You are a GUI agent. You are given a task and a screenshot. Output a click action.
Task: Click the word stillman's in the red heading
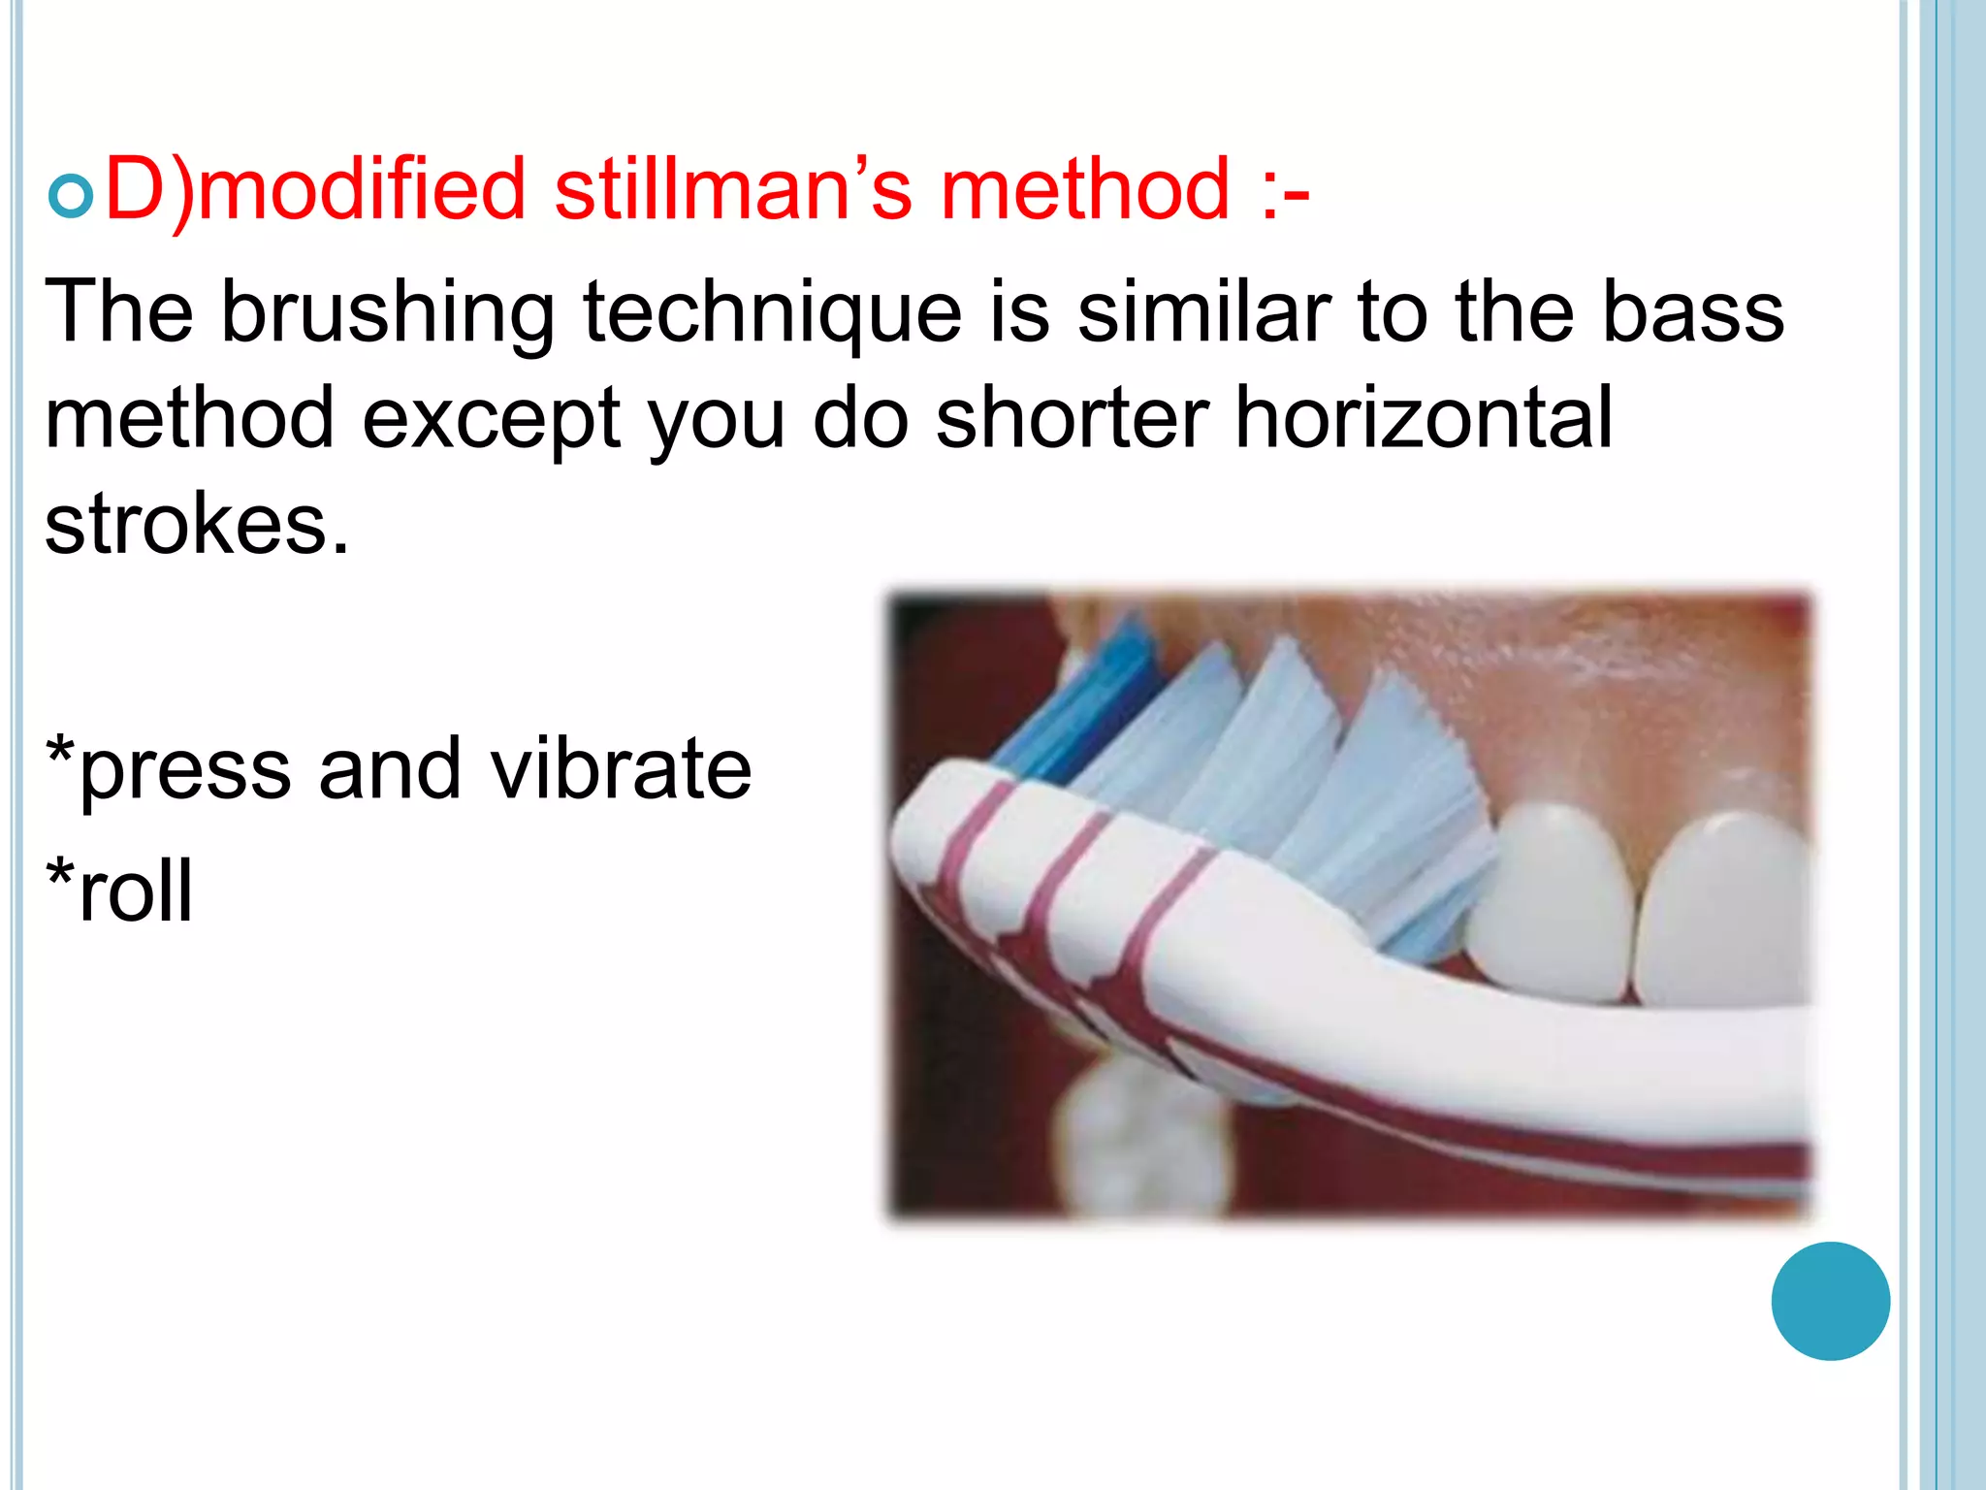point(732,189)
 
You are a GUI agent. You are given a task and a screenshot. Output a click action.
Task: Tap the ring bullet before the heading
point(70,197)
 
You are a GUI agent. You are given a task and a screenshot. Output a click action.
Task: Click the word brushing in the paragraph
point(388,313)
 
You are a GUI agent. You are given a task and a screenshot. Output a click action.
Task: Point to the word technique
point(772,313)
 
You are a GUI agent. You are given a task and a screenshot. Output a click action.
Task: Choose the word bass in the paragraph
point(1692,313)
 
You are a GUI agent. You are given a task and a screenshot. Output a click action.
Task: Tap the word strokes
point(196,525)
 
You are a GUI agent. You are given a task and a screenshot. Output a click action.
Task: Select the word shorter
point(1072,418)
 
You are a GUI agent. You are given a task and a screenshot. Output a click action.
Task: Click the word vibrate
point(621,769)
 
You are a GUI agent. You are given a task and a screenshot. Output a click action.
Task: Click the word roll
point(136,891)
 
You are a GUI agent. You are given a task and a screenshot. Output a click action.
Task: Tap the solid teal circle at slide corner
point(1830,1301)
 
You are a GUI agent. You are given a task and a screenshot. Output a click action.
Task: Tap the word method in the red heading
point(1085,189)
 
